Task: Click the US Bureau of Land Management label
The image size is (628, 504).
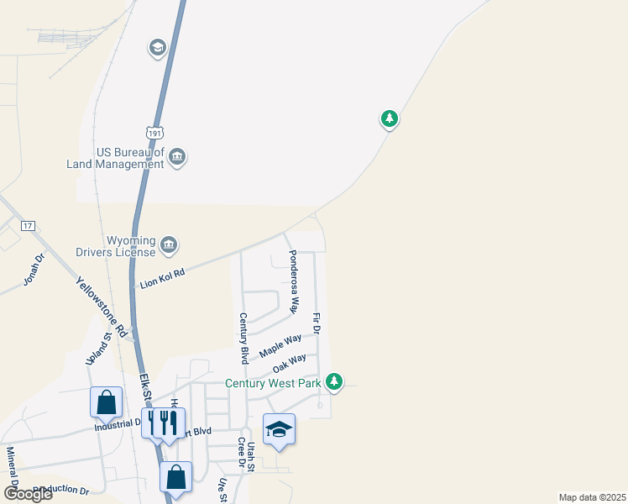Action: coord(116,158)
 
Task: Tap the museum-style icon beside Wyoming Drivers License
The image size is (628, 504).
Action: coord(169,244)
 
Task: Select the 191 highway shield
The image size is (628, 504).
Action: coord(154,133)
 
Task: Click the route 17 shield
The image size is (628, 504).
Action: coord(28,226)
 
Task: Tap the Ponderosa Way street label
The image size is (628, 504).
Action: coord(293,281)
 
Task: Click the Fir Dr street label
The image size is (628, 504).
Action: coord(317,323)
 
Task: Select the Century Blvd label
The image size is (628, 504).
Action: coord(243,339)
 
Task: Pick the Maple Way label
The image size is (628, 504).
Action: coord(280,344)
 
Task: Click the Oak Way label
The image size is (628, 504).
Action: coord(290,364)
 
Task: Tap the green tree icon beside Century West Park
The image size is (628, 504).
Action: coord(335,382)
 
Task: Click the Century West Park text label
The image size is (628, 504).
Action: coord(274,384)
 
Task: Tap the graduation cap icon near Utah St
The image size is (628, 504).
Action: coord(279,430)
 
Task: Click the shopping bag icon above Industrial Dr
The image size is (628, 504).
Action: coord(107,402)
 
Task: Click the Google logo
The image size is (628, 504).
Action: coord(27,494)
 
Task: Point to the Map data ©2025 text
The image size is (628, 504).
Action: coord(592,497)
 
